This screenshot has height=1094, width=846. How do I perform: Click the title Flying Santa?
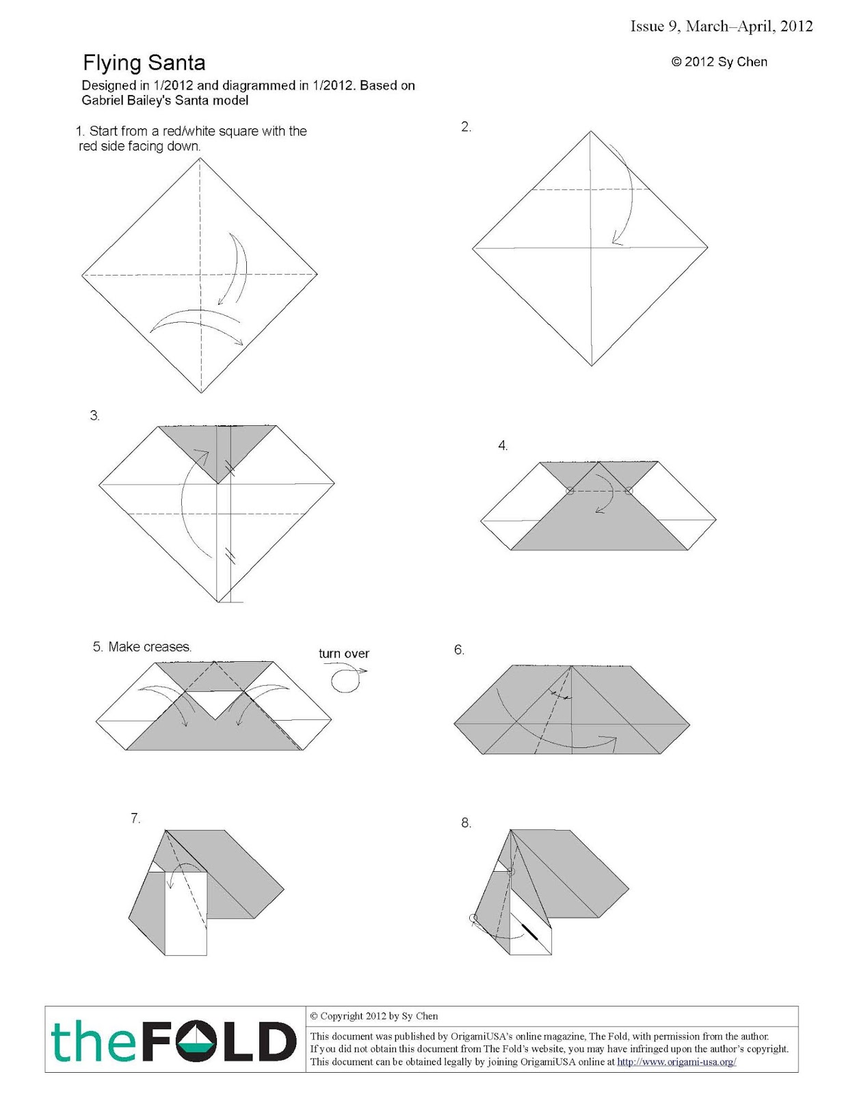pyautogui.click(x=144, y=63)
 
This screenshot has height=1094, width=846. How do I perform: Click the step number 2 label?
pyautogui.click(x=466, y=126)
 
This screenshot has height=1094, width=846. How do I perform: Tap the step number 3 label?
pyautogui.click(x=95, y=416)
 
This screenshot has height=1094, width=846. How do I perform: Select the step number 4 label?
pyautogui.click(x=503, y=446)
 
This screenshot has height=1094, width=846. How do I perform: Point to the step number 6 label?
pyautogui.click(x=459, y=650)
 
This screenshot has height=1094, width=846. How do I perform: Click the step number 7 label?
pyautogui.click(x=135, y=818)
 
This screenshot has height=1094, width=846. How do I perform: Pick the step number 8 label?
pyautogui.click(x=466, y=823)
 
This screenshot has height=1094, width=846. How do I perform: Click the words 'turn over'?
pyautogui.click(x=343, y=654)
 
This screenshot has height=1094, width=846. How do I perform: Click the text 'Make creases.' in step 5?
pyautogui.click(x=150, y=647)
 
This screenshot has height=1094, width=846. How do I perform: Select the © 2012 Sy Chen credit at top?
pyautogui.click(x=719, y=62)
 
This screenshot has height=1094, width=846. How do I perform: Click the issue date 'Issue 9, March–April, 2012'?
pyautogui.click(x=721, y=26)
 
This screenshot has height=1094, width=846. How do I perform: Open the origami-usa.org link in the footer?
pyautogui.click(x=676, y=1062)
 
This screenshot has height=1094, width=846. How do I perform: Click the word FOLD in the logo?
pyautogui.click(x=229, y=1043)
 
